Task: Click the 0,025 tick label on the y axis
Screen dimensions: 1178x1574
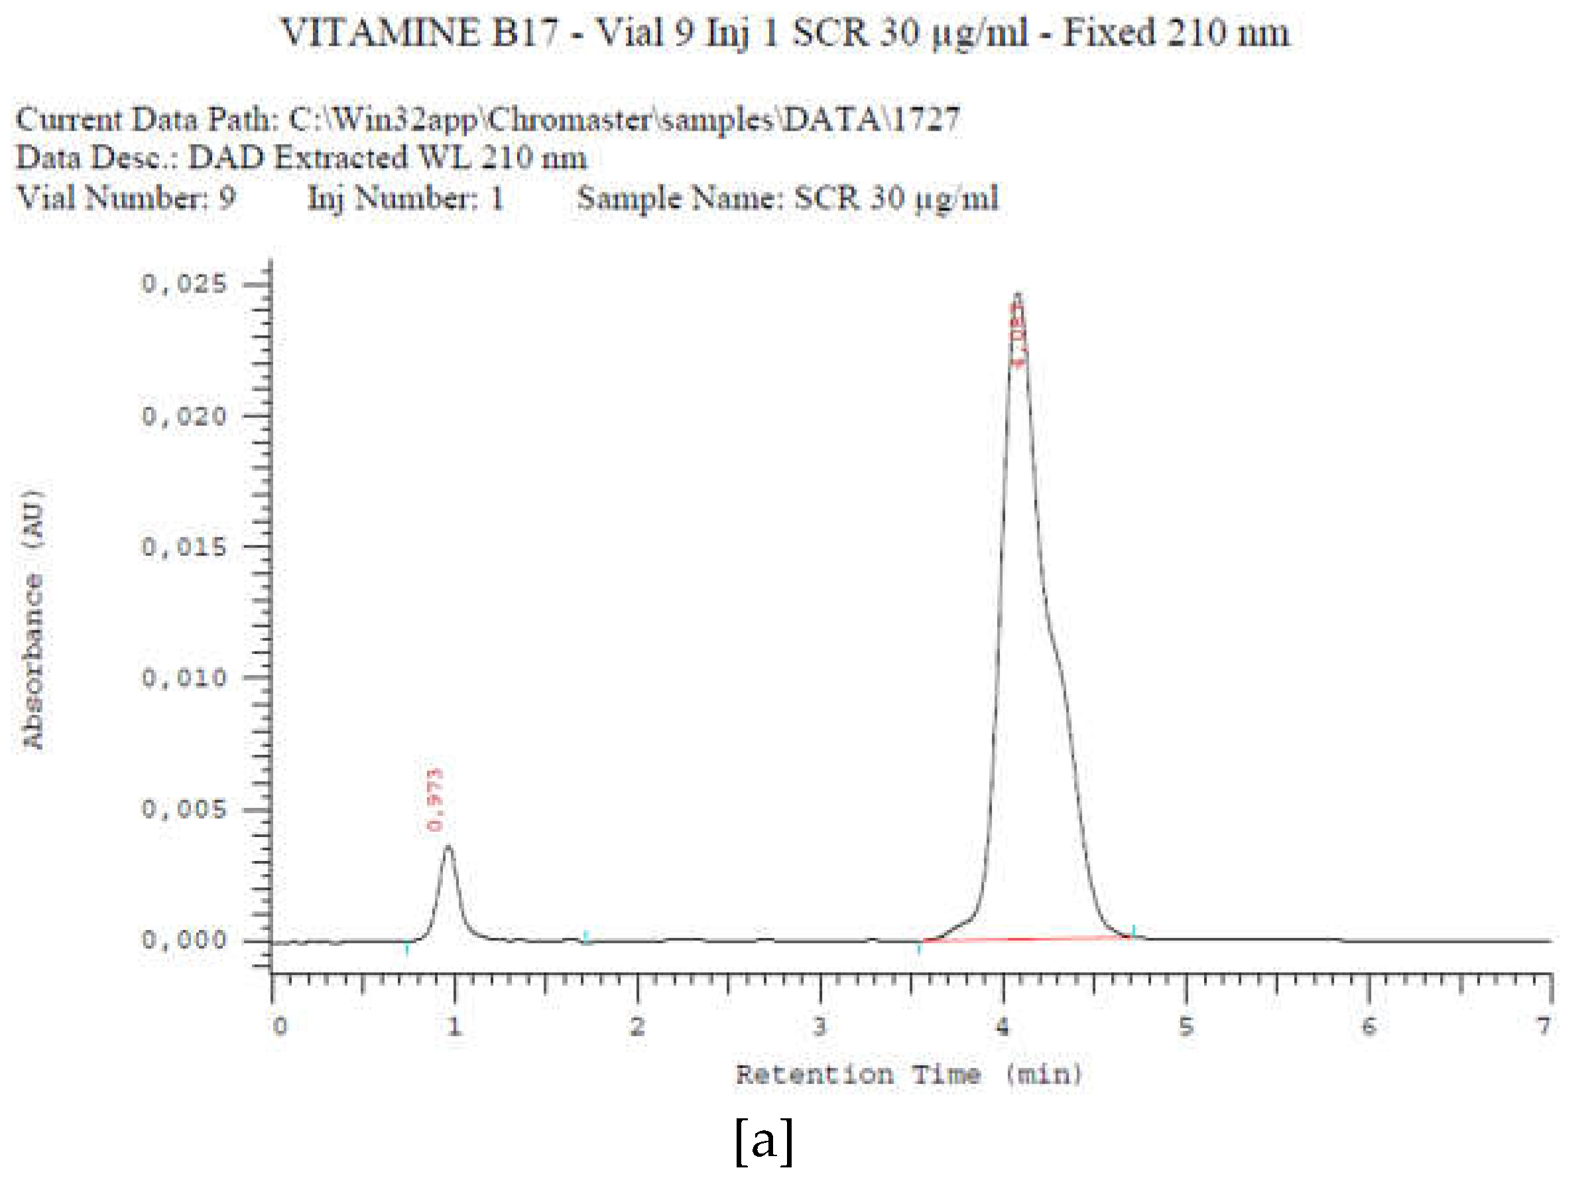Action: [184, 284]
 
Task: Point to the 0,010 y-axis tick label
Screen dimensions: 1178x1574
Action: [184, 677]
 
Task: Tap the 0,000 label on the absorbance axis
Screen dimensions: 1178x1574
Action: [184, 940]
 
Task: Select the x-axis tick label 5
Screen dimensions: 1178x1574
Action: [1185, 1025]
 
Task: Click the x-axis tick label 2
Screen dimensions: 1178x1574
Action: [638, 1025]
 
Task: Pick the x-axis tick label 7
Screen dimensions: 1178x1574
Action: [1543, 1025]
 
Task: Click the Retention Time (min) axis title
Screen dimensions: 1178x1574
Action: [909, 1074]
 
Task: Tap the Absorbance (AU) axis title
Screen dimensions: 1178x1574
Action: [33, 620]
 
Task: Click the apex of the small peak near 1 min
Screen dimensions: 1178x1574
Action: [448, 846]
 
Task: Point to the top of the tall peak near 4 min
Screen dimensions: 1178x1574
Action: [1018, 293]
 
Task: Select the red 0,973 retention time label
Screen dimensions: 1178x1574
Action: [435, 799]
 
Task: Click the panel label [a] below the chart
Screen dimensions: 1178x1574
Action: [764, 1141]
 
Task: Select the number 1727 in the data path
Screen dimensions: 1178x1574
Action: [925, 119]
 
